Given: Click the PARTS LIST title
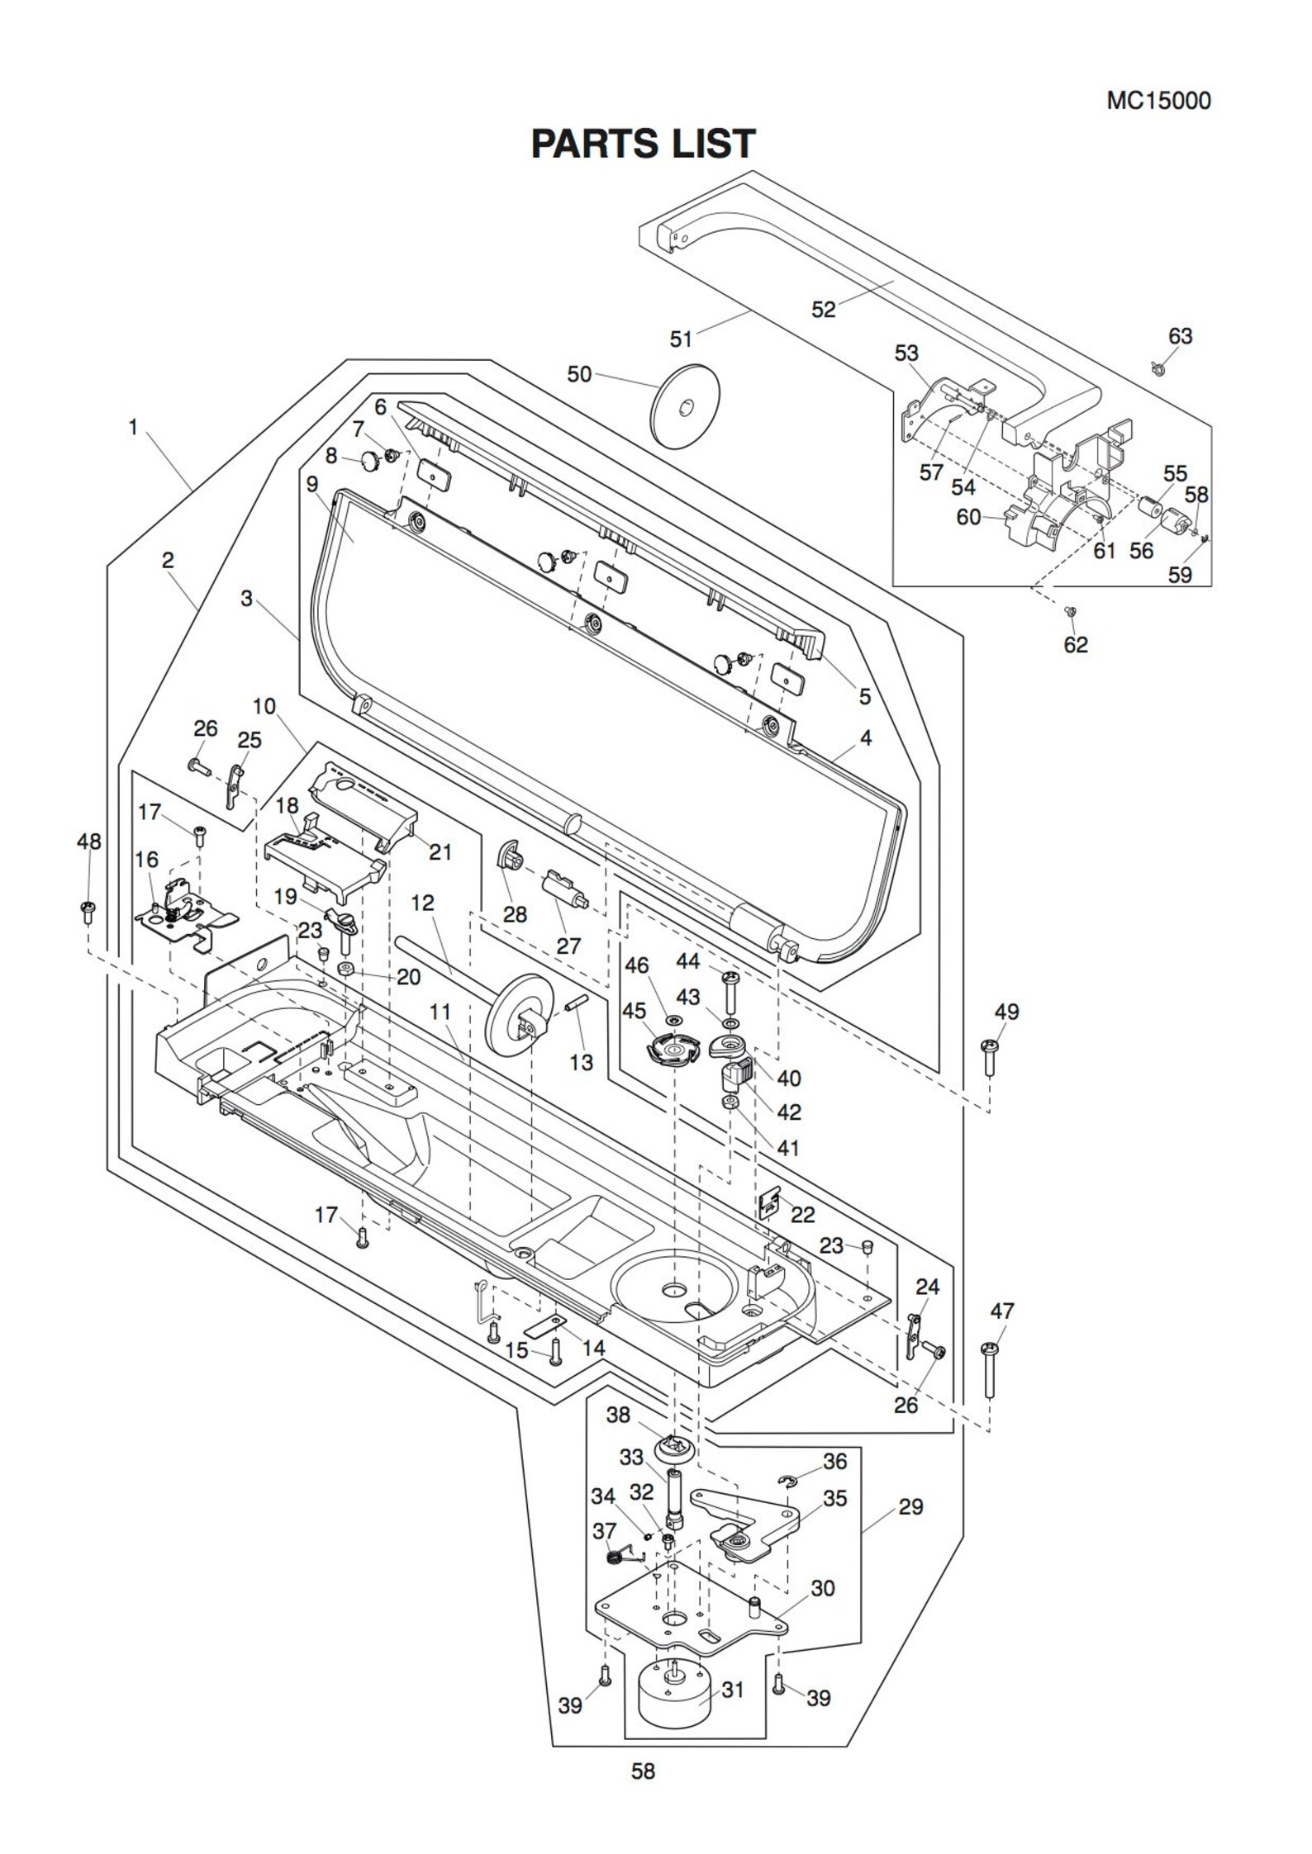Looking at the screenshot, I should (x=642, y=144).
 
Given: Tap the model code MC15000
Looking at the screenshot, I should (x=1158, y=101).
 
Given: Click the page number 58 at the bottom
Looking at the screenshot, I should (x=643, y=1771).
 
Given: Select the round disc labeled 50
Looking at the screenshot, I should (x=685, y=406).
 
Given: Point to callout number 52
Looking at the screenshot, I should (x=823, y=309).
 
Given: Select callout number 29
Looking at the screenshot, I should (x=910, y=1506).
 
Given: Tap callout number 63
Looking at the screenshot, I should (x=1180, y=336).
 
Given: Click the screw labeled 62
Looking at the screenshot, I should (x=1071, y=611).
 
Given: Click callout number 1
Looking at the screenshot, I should (x=133, y=428).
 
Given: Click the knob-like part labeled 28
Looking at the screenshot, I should (x=509, y=858).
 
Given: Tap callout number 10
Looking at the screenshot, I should (x=264, y=706).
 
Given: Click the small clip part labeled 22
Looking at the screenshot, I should (x=768, y=1204).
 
